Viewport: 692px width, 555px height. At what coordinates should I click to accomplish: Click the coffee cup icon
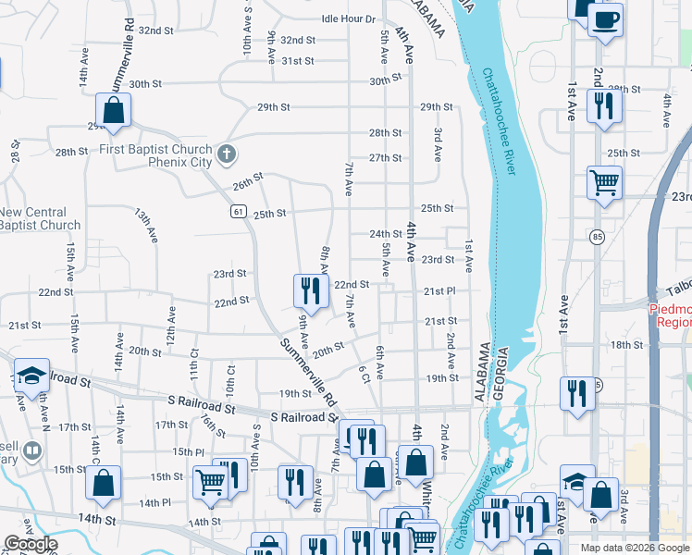tap(604, 18)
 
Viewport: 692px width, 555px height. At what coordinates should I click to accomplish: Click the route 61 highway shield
tap(238, 213)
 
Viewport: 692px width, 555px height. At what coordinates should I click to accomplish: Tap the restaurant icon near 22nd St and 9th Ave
tap(311, 290)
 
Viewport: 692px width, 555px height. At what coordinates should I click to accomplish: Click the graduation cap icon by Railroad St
tap(31, 376)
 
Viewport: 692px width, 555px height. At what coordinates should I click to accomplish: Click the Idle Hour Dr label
tap(348, 18)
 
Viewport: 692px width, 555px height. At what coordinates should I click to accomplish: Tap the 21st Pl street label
tap(439, 291)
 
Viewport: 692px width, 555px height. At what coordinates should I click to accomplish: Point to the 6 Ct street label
tap(364, 372)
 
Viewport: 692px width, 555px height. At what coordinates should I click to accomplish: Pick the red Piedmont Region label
tap(673, 316)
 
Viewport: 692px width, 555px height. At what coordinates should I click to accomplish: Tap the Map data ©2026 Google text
tap(634, 548)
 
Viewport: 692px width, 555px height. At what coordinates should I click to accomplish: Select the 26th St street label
tap(248, 179)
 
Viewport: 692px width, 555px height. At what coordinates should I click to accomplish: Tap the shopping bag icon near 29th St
tap(113, 110)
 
